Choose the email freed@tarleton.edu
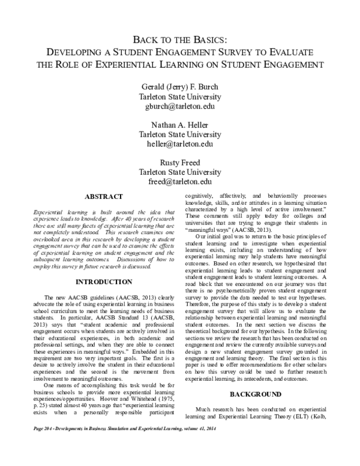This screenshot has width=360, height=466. [x=180, y=181]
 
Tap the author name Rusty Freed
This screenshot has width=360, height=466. [x=180, y=162]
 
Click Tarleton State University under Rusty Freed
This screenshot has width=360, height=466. [x=180, y=172]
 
